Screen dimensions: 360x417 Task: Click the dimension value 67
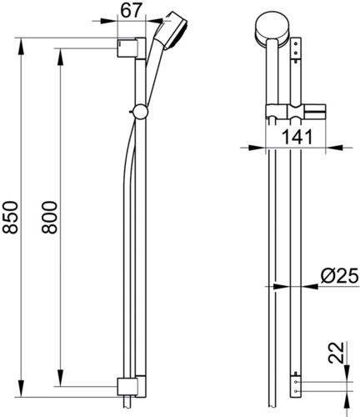point(130,10)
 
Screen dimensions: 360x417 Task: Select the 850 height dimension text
point(10,217)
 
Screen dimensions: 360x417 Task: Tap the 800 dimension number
point(49,217)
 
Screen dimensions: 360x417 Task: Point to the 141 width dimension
point(297,137)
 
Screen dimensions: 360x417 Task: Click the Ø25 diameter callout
point(340,276)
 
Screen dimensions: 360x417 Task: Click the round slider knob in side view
point(141,112)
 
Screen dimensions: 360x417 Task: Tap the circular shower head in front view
point(272,28)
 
